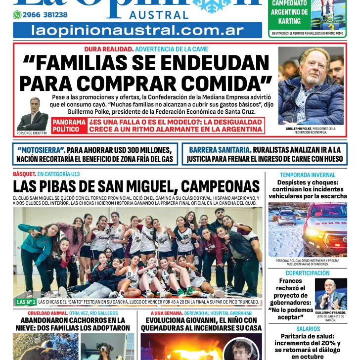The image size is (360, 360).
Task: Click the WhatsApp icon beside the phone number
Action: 17,15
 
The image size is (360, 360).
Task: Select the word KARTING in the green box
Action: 289,21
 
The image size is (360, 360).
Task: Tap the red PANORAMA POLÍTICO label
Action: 69,125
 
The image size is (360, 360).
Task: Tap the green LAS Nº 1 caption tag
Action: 26,302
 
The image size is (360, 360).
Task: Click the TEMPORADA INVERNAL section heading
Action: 307,175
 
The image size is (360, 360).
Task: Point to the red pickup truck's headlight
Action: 313,232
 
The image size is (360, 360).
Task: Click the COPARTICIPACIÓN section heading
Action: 307,273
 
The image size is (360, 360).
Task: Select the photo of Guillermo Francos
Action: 330,295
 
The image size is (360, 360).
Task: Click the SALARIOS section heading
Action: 308,329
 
